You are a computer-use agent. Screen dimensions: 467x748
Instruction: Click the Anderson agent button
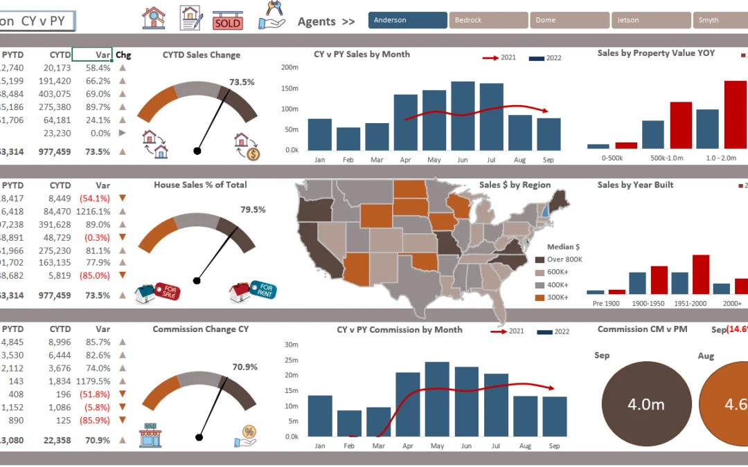coord(408,20)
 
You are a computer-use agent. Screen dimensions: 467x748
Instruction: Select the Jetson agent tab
coord(650,20)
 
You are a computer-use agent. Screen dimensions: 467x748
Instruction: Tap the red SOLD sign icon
coord(228,21)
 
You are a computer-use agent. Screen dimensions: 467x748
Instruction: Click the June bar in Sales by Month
coord(463,116)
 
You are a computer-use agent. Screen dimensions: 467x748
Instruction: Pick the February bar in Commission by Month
coord(349,423)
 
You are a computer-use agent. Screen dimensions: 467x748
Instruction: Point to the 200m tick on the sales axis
coord(290,67)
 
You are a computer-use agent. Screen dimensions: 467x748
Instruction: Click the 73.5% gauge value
coord(242,82)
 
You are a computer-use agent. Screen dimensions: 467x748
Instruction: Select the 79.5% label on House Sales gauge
coord(253,210)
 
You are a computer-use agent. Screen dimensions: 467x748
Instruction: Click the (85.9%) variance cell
coord(96,420)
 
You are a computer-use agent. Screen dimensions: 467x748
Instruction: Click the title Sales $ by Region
coord(515,185)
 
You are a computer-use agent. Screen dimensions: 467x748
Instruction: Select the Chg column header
coord(123,55)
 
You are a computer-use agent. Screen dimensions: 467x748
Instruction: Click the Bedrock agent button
coord(488,20)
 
